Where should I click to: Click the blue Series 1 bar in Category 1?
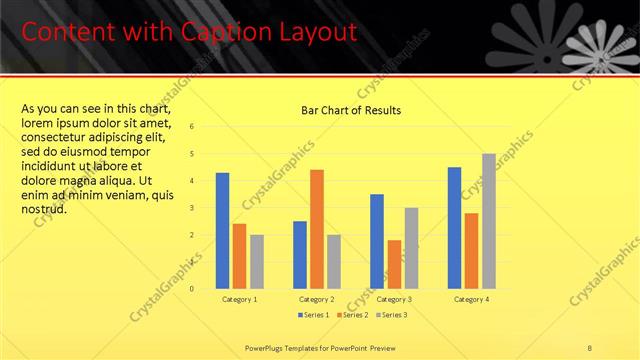222,231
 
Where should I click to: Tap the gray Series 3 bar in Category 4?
489,221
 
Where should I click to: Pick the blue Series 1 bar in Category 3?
377,241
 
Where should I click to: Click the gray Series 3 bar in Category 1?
257,262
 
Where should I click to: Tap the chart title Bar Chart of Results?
351,110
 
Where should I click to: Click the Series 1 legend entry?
313,315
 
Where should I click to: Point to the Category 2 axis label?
317,299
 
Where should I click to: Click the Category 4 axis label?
471,299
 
